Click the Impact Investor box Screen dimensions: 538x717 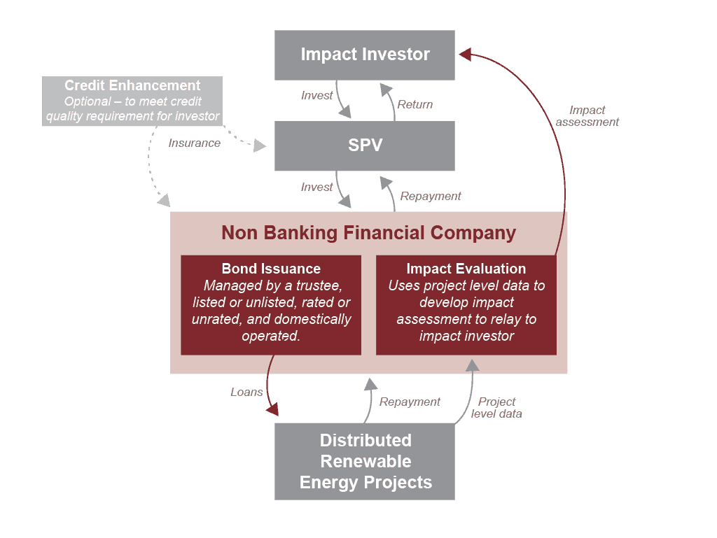pyautogui.click(x=365, y=55)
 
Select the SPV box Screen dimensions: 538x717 pyautogui.click(x=365, y=146)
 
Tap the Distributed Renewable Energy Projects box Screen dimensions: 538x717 pyautogui.click(x=365, y=461)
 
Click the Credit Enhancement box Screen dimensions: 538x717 pyautogui.click(x=133, y=101)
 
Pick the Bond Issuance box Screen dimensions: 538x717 pyautogui.click(x=271, y=304)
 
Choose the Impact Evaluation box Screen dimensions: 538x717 pyautogui.click(x=466, y=304)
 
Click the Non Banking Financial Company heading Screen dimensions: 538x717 pyautogui.click(x=369, y=233)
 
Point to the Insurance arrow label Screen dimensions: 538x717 pyautogui.click(x=194, y=143)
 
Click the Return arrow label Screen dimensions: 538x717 pyautogui.click(x=415, y=105)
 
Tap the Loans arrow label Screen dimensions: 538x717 pyautogui.click(x=246, y=392)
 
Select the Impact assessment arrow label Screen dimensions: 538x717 pyautogui.click(x=587, y=116)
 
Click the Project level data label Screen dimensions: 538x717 pyautogui.click(x=497, y=407)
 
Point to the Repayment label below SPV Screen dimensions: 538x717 pyautogui.click(x=431, y=197)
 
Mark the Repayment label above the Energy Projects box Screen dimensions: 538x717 pyautogui.click(x=410, y=402)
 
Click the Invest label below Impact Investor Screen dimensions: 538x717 pyautogui.click(x=316, y=96)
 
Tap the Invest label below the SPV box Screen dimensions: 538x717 pyautogui.click(x=316, y=187)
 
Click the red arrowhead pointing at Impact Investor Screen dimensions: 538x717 pyautogui.click(x=466, y=54)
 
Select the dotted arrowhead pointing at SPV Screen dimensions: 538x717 pyautogui.click(x=260, y=146)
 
